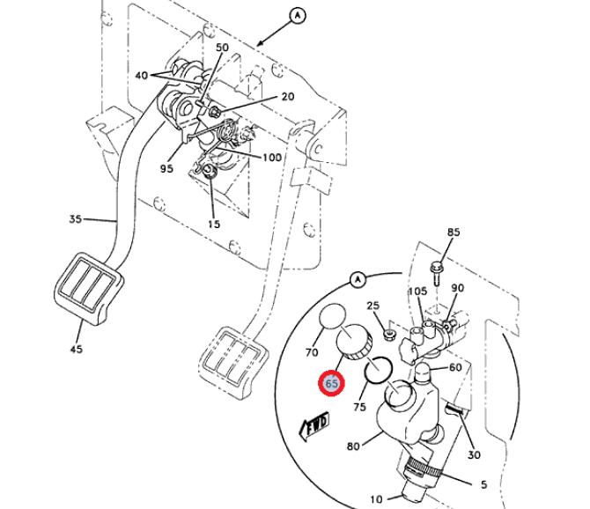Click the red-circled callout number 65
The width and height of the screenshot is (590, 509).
tap(331, 384)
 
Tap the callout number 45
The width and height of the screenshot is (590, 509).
tap(76, 349)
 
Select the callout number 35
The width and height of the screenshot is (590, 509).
tap(75, 219)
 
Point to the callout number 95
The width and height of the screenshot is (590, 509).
tap(166, 168)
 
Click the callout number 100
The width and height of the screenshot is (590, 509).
tap(272, 158)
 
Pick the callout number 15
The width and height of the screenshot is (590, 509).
tap(214, 225)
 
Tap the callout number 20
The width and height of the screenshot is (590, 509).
tap(288, 97)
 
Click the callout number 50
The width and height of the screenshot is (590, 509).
tap(223, 48)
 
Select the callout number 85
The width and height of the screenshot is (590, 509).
tap(454, 232)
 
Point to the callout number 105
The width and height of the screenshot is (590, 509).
tap(417, 291)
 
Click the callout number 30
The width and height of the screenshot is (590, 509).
tap(474, 454)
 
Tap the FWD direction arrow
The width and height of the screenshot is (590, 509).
tap(314, 426)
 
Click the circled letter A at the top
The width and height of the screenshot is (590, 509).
tap(298, 16)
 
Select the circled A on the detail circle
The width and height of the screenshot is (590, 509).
tap(358, 280)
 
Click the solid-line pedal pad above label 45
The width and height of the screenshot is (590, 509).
tap(89, 288)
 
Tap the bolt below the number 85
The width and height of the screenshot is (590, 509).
tap(436, 273)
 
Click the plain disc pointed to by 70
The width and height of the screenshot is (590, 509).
tap(332, 316)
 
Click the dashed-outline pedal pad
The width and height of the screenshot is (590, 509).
tap(234, 361)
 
